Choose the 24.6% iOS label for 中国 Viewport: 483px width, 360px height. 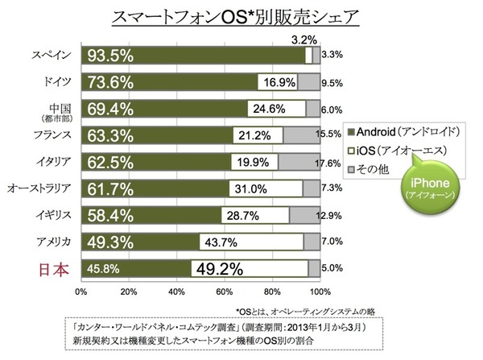tap(274, 108)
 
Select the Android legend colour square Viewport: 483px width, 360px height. tap(348, 129)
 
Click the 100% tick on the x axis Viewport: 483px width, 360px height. tap(320, 291)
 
